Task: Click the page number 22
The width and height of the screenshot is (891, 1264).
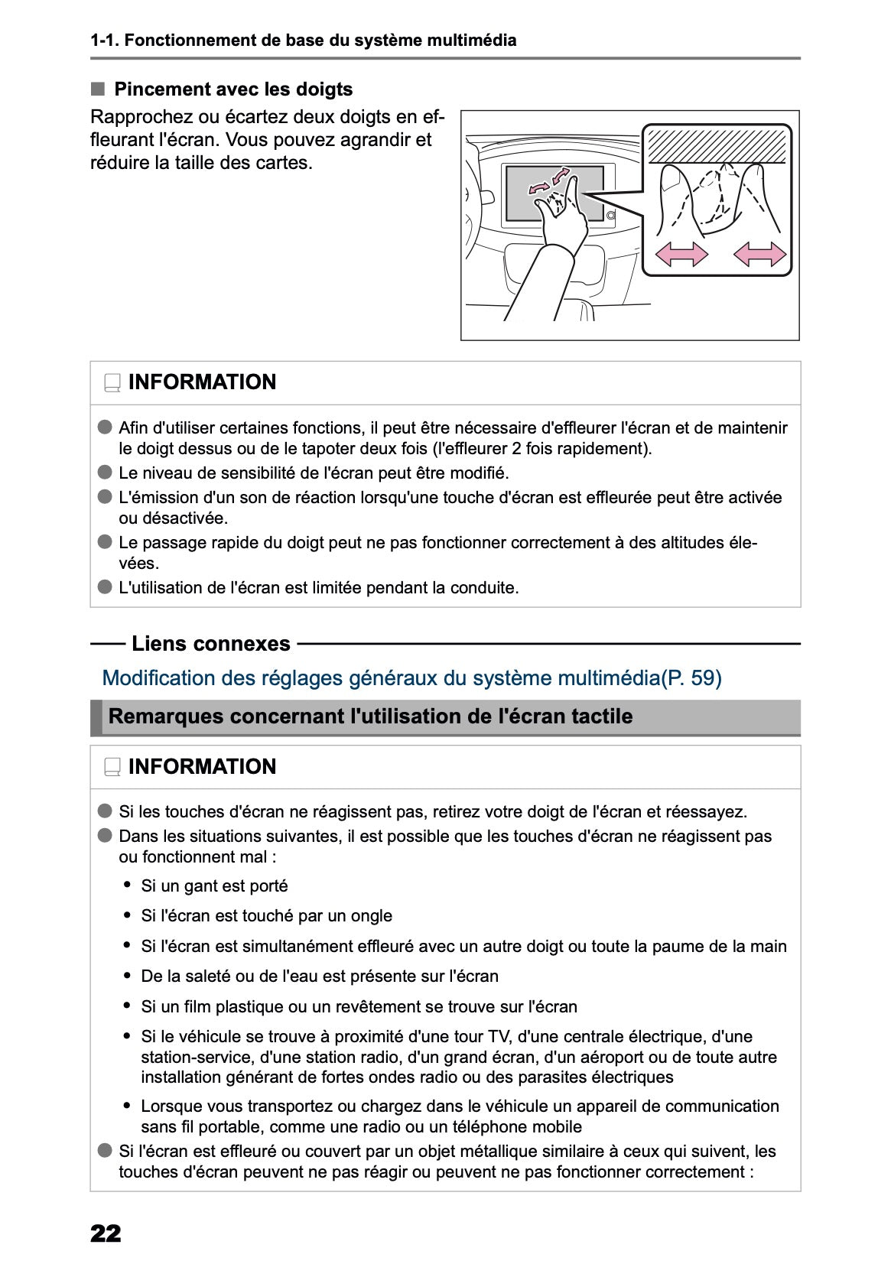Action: tap(106, 1233)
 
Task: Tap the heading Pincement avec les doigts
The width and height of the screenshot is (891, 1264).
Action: tap(233, 89)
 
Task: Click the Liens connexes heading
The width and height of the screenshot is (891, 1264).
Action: tap(210, 644)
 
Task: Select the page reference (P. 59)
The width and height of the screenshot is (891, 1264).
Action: tap(691, 678)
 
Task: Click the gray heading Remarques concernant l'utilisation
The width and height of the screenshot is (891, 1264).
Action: tap(371, 716)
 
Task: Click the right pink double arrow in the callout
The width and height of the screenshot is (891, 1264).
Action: tap(759, 253)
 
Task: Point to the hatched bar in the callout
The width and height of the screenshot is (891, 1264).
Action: tap(717, 145)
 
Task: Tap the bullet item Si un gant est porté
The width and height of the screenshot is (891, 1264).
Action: tap(214, 886)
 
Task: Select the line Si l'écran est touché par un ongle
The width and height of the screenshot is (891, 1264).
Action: tap(266, 916)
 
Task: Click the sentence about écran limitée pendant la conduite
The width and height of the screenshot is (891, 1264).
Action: tap(318, 588)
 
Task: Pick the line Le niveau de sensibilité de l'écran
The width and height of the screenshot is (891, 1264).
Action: tap(314, 473)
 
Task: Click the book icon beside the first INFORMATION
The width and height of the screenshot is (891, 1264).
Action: tap(112, 383)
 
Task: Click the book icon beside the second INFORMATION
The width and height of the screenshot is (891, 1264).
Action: tap(112, 768)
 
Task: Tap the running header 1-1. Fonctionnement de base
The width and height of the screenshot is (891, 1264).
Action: tap(303, 41)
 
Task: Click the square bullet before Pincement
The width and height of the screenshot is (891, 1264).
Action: tap(97, 89)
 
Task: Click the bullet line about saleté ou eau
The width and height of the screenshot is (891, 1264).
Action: tap(320, 976)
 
